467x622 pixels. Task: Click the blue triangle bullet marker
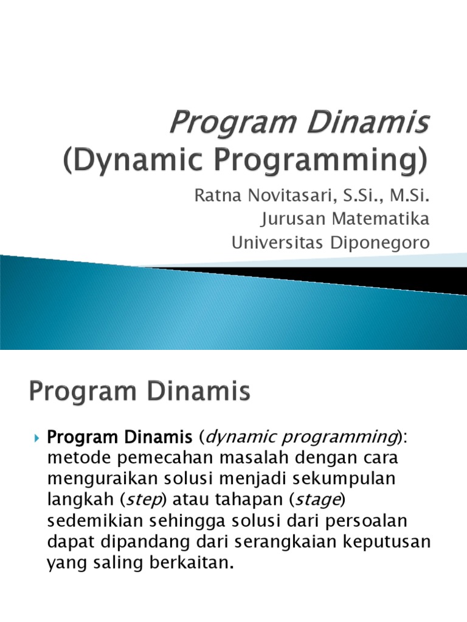click(36, 437)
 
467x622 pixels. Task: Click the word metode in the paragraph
click(74, 457)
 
